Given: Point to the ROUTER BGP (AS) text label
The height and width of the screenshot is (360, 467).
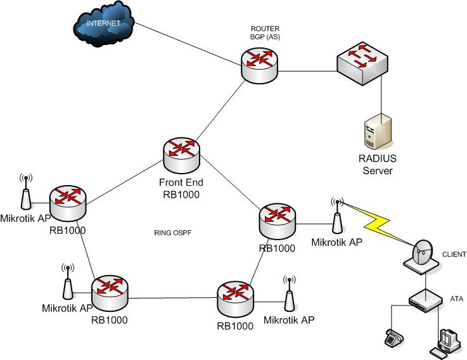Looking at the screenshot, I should tap(265, 33).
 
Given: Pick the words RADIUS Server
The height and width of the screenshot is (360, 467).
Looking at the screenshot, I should tap(378, 165).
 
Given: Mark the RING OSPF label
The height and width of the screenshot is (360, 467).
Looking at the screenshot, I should tap(172, 233).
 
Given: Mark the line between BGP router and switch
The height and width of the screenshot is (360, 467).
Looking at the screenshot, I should tap(307, 70).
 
